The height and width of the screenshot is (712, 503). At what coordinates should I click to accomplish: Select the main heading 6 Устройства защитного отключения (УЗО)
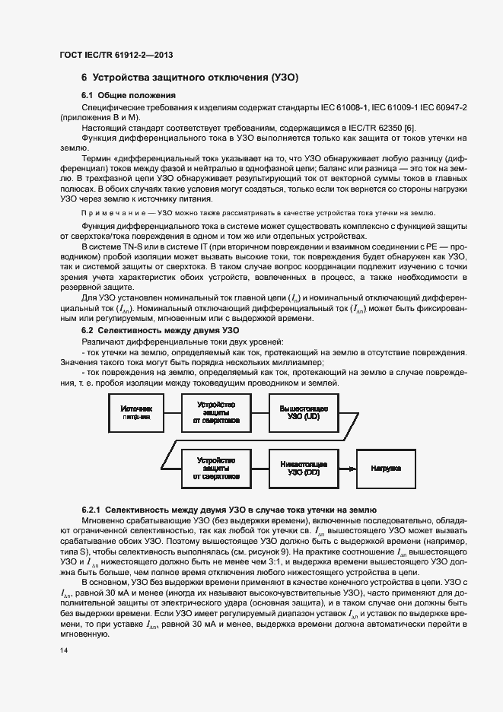[189, 78]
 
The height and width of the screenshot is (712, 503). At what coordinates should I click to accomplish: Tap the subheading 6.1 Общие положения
[129, 96]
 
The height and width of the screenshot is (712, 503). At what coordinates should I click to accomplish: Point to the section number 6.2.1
[91, 508]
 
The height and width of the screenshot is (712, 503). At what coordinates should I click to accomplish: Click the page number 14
[63, 651]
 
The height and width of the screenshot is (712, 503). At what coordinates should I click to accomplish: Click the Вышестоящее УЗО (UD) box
[304, 414]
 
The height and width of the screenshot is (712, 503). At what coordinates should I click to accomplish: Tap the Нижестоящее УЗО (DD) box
[304, 468]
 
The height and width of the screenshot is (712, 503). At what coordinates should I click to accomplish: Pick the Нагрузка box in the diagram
[386, 469]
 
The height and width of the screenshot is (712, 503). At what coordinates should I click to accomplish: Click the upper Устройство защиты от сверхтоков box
[216, 414]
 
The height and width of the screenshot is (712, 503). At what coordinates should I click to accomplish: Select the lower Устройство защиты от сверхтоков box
[216, 469]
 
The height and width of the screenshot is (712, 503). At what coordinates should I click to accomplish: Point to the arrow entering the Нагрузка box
[347, 469]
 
